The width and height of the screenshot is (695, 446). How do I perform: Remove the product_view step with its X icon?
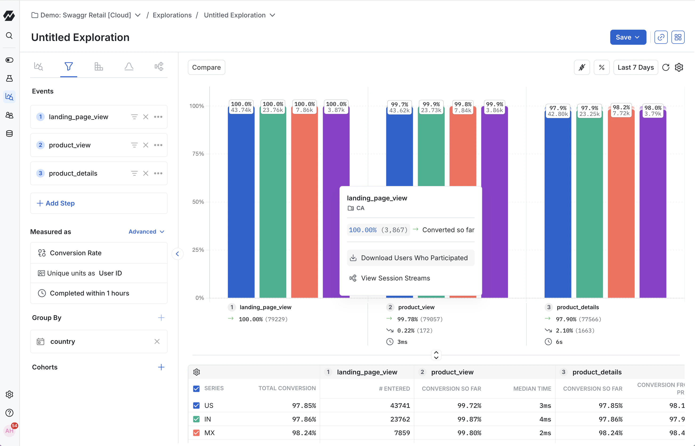click(145, 145)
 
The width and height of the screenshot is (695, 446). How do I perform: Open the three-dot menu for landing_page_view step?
click(158, 117)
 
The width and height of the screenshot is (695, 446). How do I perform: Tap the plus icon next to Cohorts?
click(161, 367)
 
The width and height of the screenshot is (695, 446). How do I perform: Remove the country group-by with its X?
click(157, 341)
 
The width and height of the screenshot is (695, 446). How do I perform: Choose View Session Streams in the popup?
click(395, 278)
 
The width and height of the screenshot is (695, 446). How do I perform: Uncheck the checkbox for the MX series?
click(196, 433)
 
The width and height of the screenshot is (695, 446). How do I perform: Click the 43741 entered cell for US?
click(400, 405)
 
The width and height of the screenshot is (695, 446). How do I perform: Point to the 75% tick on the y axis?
click(198, 154)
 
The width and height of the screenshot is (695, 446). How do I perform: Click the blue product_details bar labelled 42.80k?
click(558, 203)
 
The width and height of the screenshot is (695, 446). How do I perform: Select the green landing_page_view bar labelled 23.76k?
click(273, 203)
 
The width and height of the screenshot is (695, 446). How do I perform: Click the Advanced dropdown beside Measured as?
click(146, 232)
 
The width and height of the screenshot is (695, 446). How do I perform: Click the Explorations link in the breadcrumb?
click(172, 15)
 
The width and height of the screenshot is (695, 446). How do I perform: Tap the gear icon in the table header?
click(197, 372)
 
